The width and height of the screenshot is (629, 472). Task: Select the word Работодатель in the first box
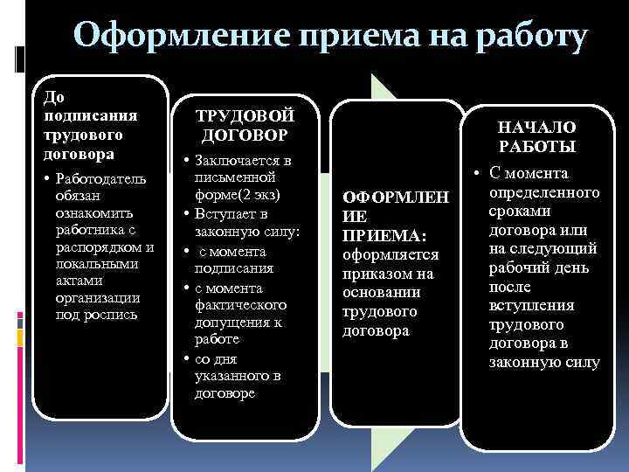click(x=101, y=179)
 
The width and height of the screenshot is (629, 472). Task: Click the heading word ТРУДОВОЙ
click(x=245, y=116)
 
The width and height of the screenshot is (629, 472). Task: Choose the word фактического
click(x=240, y=305)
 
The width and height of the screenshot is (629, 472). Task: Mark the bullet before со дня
click(x=187, y=359)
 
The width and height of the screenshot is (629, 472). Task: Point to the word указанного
click(x=238, y=376)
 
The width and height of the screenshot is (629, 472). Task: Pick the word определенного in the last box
click(x=545, y=191)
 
